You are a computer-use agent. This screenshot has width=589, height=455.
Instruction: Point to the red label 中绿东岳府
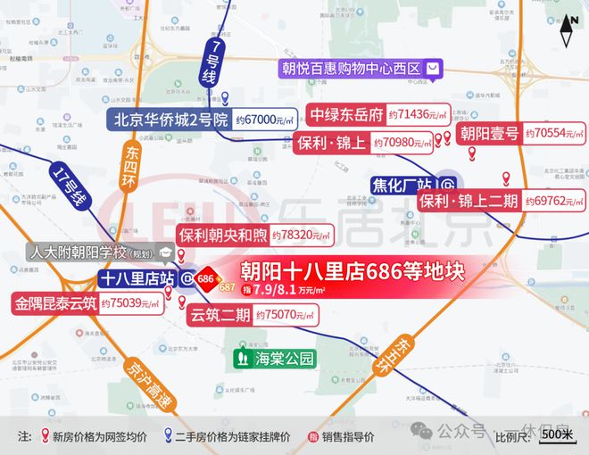(347, 115)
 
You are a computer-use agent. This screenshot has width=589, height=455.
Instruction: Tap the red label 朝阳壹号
(488, 135)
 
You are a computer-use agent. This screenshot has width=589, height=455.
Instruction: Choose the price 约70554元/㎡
(555, 135)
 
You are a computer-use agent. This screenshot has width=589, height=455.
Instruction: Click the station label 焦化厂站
(402, 186)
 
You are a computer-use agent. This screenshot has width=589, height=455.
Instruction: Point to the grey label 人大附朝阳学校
(91, 252)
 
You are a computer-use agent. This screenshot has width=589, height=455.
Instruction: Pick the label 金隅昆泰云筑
(54, 302)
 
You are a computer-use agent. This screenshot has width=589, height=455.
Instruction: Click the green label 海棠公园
(275, 360)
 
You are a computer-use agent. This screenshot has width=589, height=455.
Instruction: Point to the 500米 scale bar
(557, 434)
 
